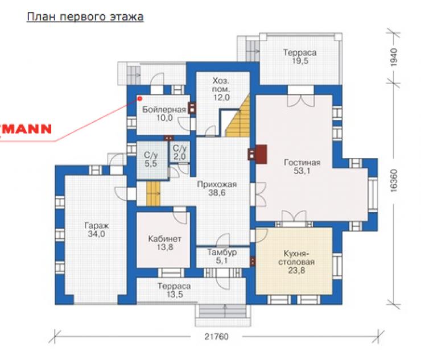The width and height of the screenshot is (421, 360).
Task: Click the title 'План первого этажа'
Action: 85,17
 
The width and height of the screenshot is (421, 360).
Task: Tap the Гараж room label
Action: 96,230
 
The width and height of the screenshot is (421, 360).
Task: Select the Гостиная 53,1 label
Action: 302,167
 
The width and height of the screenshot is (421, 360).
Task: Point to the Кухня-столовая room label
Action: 296,262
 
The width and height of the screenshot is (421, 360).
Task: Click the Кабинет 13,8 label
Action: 164,243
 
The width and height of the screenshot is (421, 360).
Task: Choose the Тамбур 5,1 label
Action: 222,256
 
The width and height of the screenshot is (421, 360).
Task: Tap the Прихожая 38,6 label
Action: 217,188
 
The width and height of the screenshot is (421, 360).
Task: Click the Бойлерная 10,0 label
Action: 164,114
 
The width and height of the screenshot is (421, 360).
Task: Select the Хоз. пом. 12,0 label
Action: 221,89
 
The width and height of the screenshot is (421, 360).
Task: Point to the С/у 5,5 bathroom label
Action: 151,159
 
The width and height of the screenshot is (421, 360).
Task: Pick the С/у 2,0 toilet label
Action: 179,152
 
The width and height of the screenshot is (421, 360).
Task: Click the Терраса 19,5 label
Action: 300,56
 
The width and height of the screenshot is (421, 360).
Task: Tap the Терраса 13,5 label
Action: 174,290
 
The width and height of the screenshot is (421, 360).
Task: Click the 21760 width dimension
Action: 216,336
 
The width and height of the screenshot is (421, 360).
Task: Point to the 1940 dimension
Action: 394,57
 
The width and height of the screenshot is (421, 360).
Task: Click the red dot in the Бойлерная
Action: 139,99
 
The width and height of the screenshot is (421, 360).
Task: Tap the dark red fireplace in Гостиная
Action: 261,154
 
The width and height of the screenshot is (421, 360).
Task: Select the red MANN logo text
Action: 26,129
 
